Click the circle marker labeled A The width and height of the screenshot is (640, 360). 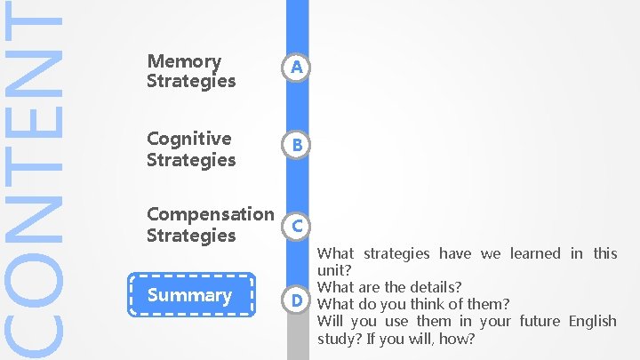point(297,68)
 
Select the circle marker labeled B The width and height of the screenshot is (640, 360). point(297,145)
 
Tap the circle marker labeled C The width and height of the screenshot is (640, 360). point(297,226)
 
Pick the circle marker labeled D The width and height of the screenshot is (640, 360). point(297,300)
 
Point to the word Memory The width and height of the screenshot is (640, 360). point(184,61)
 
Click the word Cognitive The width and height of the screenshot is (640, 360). point(188,139)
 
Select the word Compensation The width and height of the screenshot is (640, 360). point(210,214)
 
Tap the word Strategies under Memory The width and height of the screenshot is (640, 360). point(191,81)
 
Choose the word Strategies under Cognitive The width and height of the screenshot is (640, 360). point(191,160)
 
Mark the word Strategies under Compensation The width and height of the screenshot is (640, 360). point(191,236)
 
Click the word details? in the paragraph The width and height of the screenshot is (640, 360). point(436,287)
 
